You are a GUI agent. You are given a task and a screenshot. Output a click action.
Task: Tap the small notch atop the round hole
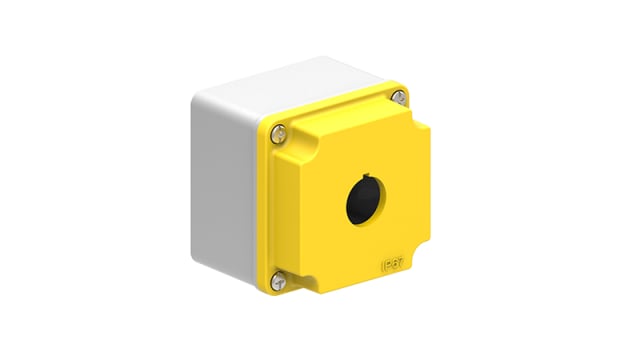click(x=360, y=181)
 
